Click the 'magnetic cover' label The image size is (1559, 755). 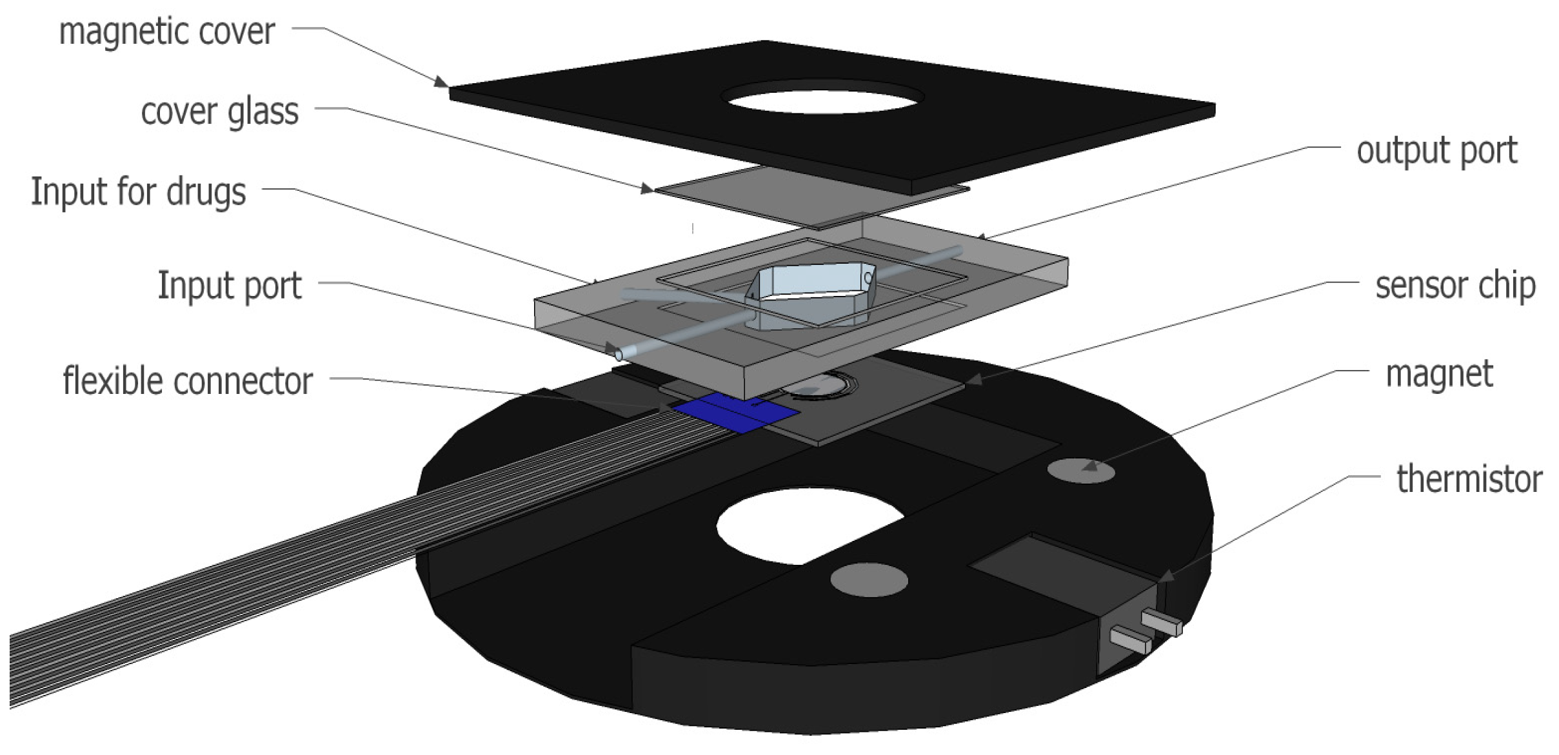(167, 32)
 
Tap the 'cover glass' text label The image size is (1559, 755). (220, 112)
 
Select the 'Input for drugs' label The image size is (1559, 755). (139, 192)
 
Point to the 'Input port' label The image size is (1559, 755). (230, 286)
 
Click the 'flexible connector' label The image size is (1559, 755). (188, 380)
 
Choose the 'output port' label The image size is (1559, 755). (1437, 152)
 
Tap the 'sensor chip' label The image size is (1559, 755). (1455, 286)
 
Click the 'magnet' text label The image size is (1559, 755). (1439, 375)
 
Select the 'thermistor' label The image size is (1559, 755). (1469, 479)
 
